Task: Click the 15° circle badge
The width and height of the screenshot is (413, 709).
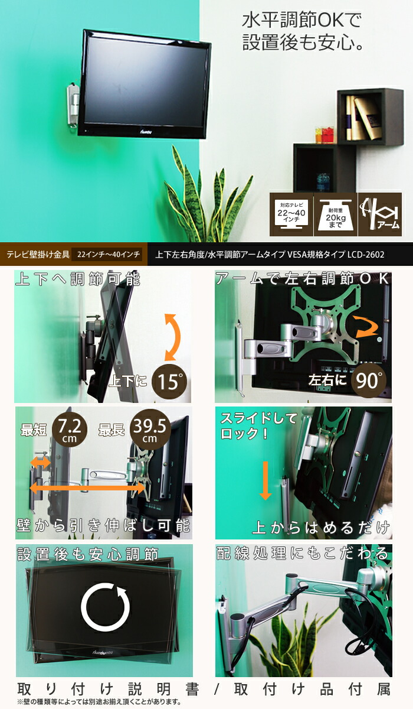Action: click(x=170, y=381)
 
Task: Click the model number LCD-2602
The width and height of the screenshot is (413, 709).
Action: click(x=366, y=255)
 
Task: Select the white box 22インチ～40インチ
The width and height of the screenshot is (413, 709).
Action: click(x=109, y=255)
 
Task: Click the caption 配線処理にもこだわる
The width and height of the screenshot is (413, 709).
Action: click(x=301, y=554)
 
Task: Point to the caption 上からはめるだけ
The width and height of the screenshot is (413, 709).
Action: click(x=320, y=526)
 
